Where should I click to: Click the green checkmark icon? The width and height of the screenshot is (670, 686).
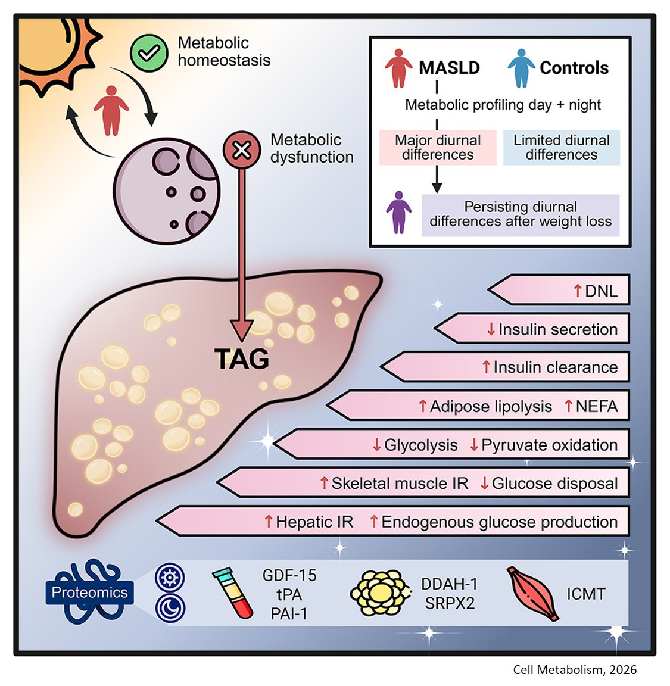click(x=149, y=54)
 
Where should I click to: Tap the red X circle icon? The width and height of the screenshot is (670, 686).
click(x=241, y=149)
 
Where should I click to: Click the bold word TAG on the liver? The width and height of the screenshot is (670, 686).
click(x=241, y=359)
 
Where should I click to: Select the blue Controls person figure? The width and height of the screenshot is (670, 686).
click(x=521, y=68)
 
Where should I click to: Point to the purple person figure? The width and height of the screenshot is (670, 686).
click(x=398, y=212)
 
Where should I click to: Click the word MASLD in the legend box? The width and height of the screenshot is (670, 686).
click(x=449, y=68)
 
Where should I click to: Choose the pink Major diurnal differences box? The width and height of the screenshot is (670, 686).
click(x=438, y=148)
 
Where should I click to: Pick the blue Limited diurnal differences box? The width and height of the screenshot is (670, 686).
click(x=561, y=148)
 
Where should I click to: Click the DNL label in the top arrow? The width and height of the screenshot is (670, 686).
click(x=601, y=291)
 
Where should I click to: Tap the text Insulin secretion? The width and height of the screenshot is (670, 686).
click(x=557, y=329)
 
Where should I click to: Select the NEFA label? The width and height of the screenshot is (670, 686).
click(x=596, y=407)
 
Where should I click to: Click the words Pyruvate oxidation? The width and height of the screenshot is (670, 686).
click(x=549, y=445)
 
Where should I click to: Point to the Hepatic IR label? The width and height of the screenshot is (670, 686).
click(x=314, y=522)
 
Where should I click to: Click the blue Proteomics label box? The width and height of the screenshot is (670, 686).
click(x=89, y=593)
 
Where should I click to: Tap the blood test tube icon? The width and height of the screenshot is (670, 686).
click(x=233, y=593)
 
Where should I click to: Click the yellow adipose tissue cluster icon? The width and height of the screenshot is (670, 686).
click(x=379, y=593)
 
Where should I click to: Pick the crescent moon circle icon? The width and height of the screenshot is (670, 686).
click(x=170, y=608)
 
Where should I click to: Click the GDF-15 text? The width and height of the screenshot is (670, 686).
click(x=289, y=576)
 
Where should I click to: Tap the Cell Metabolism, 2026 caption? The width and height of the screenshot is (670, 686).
click(x=575, y=670)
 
